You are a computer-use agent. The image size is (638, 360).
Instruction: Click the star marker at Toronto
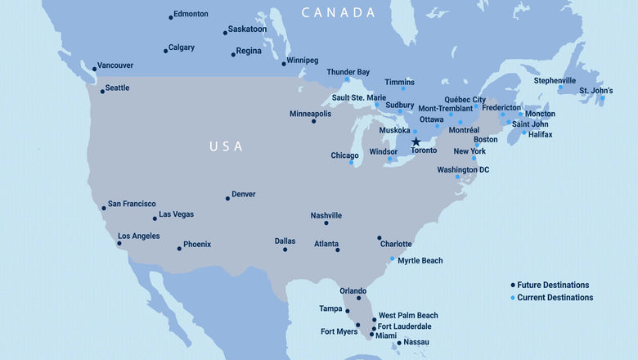click(x=416, y=142)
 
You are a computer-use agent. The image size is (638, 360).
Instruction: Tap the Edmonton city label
click(x=191, y=14)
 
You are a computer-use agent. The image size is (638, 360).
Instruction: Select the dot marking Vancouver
click(x=95, y=70)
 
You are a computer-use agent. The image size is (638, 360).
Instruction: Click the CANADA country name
click(x=338, y=12)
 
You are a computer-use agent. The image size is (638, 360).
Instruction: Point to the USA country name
click(x=226, y=146)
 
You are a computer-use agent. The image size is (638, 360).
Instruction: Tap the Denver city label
click(x=244, y=194)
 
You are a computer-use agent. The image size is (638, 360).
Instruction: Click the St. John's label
click(x=595, y=90)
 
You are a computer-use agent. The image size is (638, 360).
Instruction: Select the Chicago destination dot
click(x=352, y=162)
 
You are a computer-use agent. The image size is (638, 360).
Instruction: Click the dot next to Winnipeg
click(x=284, y=64)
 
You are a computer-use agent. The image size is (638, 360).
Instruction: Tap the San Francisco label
click(x=132, y=204)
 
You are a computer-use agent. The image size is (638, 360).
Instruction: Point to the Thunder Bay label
click(x=348, y=72)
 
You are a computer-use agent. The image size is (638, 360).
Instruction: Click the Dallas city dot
click(x=285, y=250)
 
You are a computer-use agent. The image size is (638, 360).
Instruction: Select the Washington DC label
click(x=463, y=169)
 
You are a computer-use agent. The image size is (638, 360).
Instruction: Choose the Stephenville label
click(x=555, y=80)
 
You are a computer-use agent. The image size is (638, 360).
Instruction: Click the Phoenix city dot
click(x=180, y=249)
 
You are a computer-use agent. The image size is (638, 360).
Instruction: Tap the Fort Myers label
click(x=339, y=332)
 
